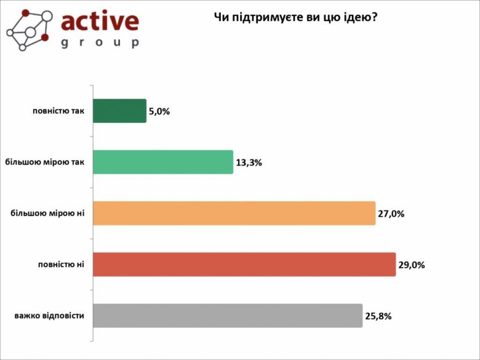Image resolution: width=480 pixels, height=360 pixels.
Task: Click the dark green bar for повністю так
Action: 119,111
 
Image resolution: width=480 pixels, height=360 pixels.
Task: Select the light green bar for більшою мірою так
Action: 162,162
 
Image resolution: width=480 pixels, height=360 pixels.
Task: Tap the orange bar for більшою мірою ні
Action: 234,213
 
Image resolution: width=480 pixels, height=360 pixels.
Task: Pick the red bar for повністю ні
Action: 244,264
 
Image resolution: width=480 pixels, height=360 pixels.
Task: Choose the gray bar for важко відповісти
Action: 227,315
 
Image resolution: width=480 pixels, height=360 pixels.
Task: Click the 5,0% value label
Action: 159,111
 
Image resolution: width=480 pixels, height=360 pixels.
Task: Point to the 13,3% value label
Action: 249,163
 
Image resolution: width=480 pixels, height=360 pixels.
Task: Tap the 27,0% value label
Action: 391,214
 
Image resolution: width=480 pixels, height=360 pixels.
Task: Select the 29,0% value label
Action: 412,265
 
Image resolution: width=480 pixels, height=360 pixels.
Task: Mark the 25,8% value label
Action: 378,316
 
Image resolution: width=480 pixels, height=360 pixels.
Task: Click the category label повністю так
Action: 58,111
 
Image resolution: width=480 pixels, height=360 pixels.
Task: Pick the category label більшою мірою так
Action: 44,162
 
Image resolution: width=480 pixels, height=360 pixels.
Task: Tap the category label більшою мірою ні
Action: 47,213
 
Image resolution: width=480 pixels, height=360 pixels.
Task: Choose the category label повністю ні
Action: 61,264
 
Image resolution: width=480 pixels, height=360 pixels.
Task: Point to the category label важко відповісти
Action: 49,316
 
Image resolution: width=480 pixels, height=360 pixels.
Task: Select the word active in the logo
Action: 100,21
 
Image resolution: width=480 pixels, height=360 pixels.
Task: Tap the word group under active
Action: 100,42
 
